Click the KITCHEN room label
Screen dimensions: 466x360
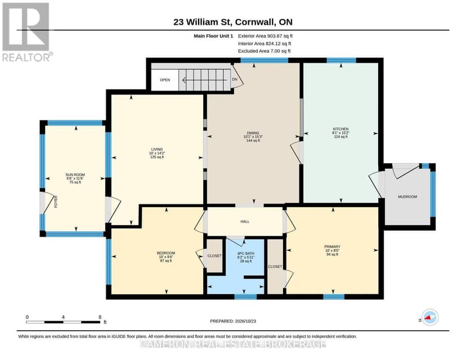(340, 129)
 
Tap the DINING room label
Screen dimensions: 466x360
(253, 133)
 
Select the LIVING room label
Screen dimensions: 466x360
(157, 150)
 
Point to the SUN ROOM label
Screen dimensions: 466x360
(75, 174)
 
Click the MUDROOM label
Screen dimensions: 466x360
(407, 197)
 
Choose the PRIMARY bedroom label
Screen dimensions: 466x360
(332, 247)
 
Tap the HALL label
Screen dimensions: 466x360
(245, 222)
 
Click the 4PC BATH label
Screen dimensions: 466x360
(246, 253)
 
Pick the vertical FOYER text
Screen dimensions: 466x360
(56, 202)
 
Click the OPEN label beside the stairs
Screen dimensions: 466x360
(165, 80)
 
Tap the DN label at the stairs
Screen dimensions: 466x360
(235, 79)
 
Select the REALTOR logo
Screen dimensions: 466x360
(27, 32)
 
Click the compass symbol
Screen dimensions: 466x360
(429, 317)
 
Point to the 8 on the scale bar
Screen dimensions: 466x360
(100, 317)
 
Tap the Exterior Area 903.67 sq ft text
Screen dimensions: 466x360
(266, 36)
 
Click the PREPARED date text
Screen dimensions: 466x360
(233, 321)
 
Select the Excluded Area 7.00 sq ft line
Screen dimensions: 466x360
(264, 51)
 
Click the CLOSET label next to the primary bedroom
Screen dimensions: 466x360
(275, 267)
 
